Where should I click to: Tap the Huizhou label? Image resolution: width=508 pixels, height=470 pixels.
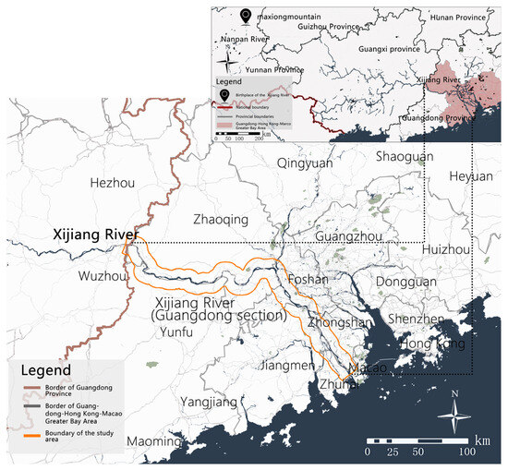(449, 249)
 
